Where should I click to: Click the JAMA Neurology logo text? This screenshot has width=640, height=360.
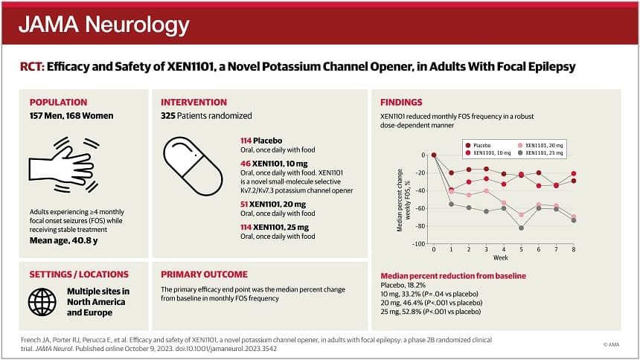[x=103, y=25]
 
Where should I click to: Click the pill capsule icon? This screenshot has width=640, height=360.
[x=192, y=164]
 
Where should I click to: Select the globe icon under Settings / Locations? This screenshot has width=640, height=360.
[x=42, y=301]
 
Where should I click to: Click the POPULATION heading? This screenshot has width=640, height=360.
[x=58, y=103]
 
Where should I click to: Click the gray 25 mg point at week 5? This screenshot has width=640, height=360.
[x=521, y=228]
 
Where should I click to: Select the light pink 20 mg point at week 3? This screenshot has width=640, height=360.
[x=485, y=191]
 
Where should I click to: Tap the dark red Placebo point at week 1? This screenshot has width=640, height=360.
[x=450, y=173]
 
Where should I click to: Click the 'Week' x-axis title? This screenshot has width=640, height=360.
[x=503, y=258]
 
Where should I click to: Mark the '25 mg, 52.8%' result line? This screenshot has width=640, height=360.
[x=430, y=311]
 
